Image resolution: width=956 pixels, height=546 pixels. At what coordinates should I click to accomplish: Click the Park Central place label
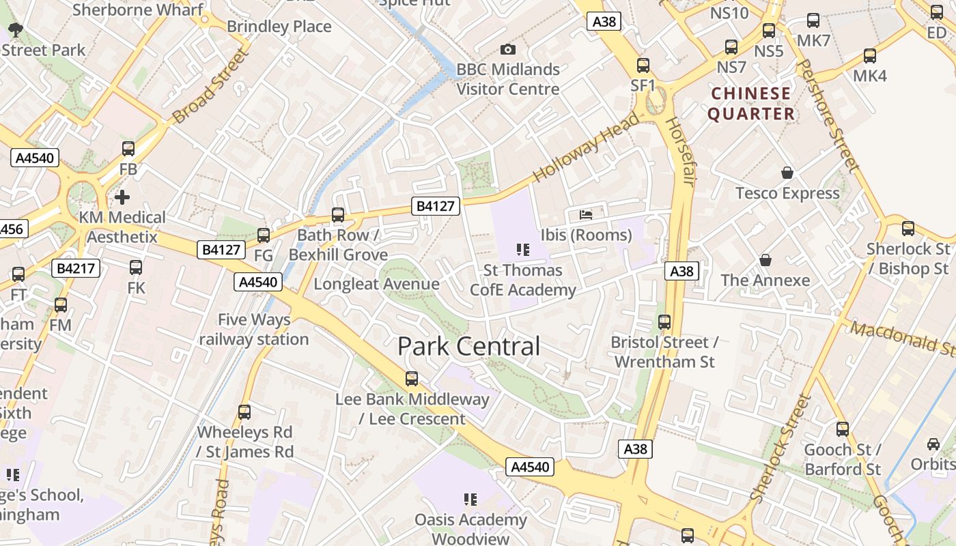[x=468, y=347]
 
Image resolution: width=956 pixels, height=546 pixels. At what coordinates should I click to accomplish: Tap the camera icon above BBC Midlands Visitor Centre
[x=507, y=49]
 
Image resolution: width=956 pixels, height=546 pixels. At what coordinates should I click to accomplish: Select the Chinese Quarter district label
[x=751, y=104]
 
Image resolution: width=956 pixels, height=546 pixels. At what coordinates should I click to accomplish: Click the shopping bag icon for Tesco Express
[x=787, y=173]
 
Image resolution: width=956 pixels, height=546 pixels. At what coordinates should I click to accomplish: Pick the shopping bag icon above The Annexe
[x=765, y=260]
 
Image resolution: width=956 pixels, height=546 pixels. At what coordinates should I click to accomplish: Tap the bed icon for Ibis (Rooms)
[x=586, y=214]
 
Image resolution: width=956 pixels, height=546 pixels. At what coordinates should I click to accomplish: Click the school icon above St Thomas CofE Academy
[x=523, y=250]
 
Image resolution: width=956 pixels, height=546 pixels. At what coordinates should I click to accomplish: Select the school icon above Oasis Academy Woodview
[x=470, y=500]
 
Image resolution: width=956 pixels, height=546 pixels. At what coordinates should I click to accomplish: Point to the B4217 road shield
[x=77, y=269]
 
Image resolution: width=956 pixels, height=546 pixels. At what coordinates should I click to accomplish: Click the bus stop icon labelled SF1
[x=643, y=66]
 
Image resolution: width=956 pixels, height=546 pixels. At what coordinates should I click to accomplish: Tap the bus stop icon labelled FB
[x=128, y=149]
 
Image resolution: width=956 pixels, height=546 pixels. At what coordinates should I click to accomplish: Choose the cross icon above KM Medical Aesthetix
[x=122, y=197]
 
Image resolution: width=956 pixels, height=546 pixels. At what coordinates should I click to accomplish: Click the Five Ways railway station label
[x=254, y=330]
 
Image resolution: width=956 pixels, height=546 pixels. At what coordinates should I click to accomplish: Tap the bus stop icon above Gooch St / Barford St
[x=843, y=429]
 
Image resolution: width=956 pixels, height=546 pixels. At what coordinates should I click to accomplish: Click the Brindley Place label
[x=279, y=27]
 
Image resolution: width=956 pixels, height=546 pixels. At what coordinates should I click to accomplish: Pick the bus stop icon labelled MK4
[x=869, y=56]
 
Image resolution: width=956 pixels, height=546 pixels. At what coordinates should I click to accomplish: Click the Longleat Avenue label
[x=376, y=284]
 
